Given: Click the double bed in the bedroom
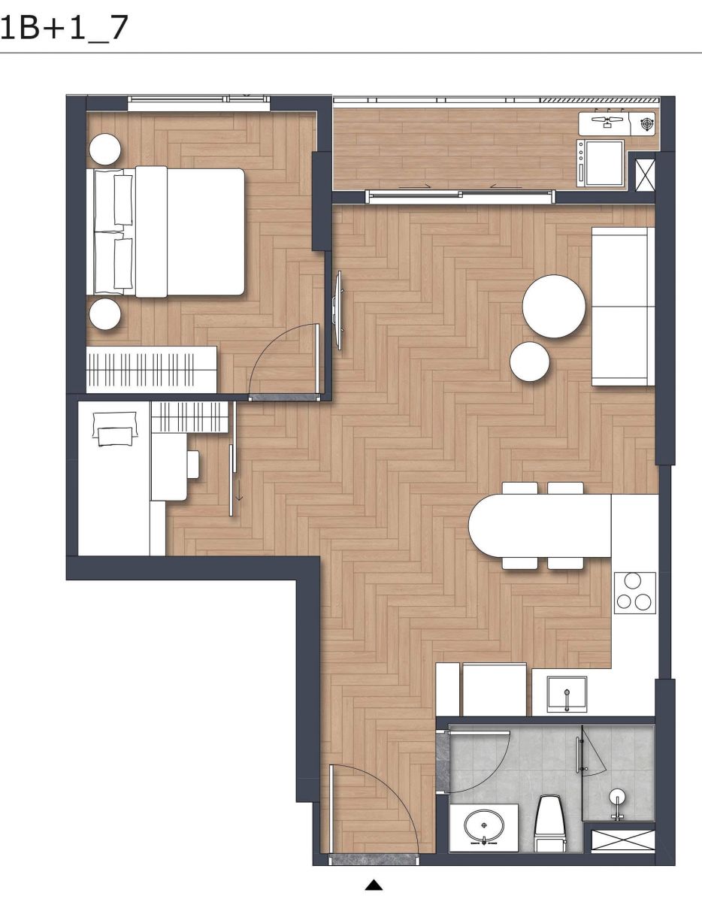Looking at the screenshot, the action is (x=165, y=232).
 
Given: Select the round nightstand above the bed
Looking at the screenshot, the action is (x=105, y=149).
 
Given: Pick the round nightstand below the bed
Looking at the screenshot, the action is (x=105, y=313).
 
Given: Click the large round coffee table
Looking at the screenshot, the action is (x=554, y=306).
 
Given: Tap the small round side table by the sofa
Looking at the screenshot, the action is (x=530, y=361).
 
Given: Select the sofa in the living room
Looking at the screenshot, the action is (x=623, y=307).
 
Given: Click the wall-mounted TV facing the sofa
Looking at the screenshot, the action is (x=338, y=310).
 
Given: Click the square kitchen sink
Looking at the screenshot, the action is (x=567, y=694).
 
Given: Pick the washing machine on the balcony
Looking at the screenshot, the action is (x=600, y=162).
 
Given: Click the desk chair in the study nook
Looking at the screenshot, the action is (x=193, y=464).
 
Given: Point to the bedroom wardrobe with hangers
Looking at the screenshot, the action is (x=151, y=369).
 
